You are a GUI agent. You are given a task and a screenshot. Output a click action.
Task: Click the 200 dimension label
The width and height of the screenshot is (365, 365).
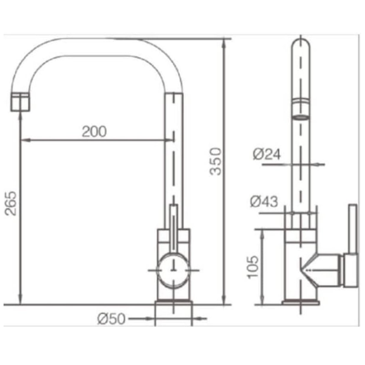coord(94,131)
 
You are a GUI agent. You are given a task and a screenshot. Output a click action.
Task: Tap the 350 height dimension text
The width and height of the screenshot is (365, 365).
coord(215,161)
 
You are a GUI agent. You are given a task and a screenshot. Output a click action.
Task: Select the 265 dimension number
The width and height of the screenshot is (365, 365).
coord(11,203)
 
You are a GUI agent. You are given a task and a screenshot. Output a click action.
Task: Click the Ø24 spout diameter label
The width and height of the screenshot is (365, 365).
coord(267,154)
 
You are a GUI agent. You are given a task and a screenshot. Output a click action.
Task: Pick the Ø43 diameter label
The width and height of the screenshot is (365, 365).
coord(264,201)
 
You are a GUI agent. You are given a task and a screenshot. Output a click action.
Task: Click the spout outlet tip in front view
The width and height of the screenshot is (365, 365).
coord(20,102)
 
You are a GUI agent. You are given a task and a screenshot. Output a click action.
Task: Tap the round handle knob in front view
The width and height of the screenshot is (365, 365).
coord(173,270)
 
